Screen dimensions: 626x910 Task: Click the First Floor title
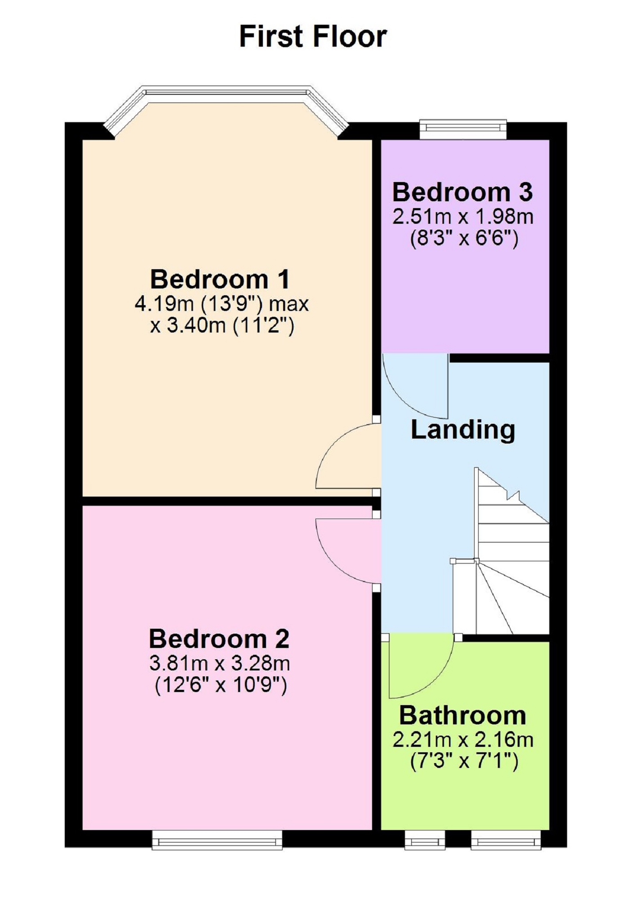313,36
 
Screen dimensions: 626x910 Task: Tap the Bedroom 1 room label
220,279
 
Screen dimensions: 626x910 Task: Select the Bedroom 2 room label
219,639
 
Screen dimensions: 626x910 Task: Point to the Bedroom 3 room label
462,192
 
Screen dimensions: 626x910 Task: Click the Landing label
463,430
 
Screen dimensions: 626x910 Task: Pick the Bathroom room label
462,715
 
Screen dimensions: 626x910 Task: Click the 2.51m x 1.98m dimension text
463,217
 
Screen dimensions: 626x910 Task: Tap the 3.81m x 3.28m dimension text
219,663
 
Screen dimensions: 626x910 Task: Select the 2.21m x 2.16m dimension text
463,740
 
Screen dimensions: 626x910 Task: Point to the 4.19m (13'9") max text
222,304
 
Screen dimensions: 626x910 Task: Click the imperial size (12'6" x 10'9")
221,686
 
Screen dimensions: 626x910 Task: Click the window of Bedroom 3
463,129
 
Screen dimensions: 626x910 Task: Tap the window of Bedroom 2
217,839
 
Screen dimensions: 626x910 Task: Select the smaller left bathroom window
425,839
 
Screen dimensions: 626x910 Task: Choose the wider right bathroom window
506,839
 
